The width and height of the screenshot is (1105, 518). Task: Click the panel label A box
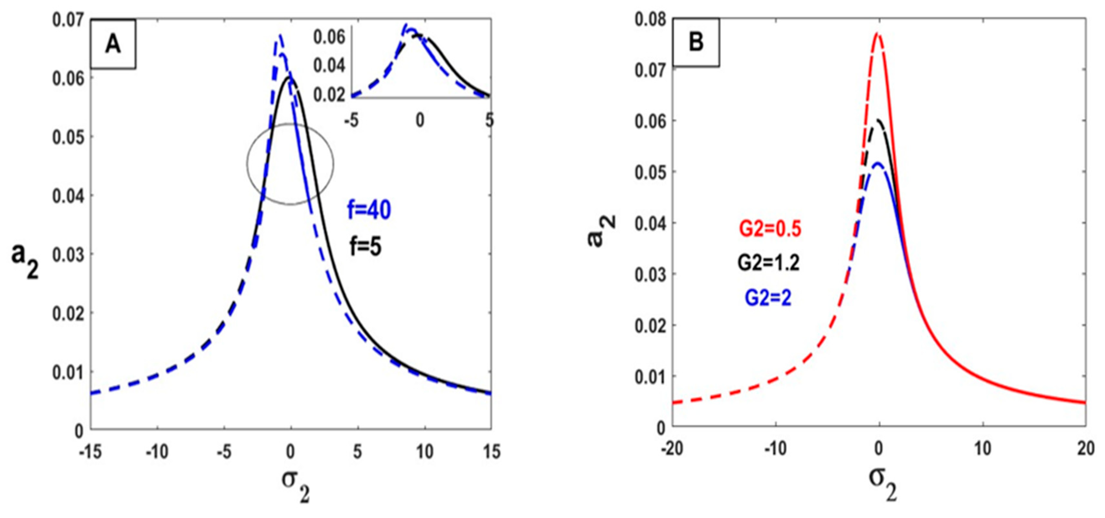pyautogui.click(x=113, y=44)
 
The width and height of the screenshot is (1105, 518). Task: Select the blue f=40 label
pyautogui.click(x=369, y=210)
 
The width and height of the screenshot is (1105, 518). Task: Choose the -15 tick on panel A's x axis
pyautogui.click(x=91, y=452)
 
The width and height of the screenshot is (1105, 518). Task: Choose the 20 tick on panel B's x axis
pyautogui.click(x=1085, y=449)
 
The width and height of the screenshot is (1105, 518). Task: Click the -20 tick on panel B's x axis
pyautogui.click(x=672, y=449)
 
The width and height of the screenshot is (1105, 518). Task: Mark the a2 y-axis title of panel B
pyautogui.click(x=601, y=232)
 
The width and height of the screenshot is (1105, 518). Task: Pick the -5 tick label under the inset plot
pyautogui.click(x=351, y=120)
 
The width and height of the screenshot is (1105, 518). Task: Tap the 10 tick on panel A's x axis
pyautogui.click(x=424, y=452)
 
